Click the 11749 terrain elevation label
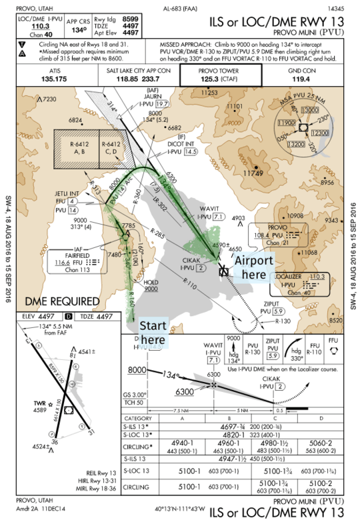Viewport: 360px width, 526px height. [254, 173]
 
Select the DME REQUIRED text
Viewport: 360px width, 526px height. [62, 301]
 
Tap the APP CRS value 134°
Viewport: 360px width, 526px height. [79, 30]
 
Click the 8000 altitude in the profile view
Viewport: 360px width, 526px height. [137, 370]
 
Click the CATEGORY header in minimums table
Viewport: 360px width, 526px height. [138, 418]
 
